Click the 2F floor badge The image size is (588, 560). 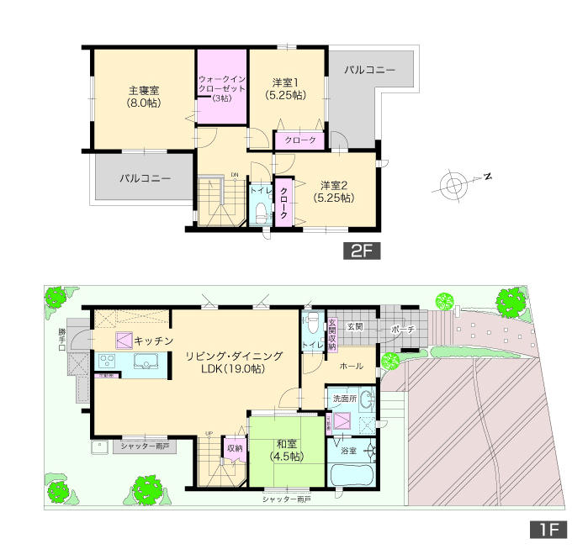[x=361, y=250]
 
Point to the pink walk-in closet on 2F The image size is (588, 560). [x=222, y=87]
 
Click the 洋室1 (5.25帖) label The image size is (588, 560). [x=289, y=88]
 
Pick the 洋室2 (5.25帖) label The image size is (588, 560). [x=335, y=192]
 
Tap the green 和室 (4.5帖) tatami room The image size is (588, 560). [x=286, y=451]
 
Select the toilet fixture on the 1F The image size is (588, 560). [x=312, y=322]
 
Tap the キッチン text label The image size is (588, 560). [x=153, y=340]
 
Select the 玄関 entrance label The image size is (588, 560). [x=355, y=326]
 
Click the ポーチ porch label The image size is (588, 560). [x=401, y=330]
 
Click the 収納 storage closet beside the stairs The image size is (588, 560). [x=235, y=449]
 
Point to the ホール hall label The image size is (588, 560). [x=351, y=367]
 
